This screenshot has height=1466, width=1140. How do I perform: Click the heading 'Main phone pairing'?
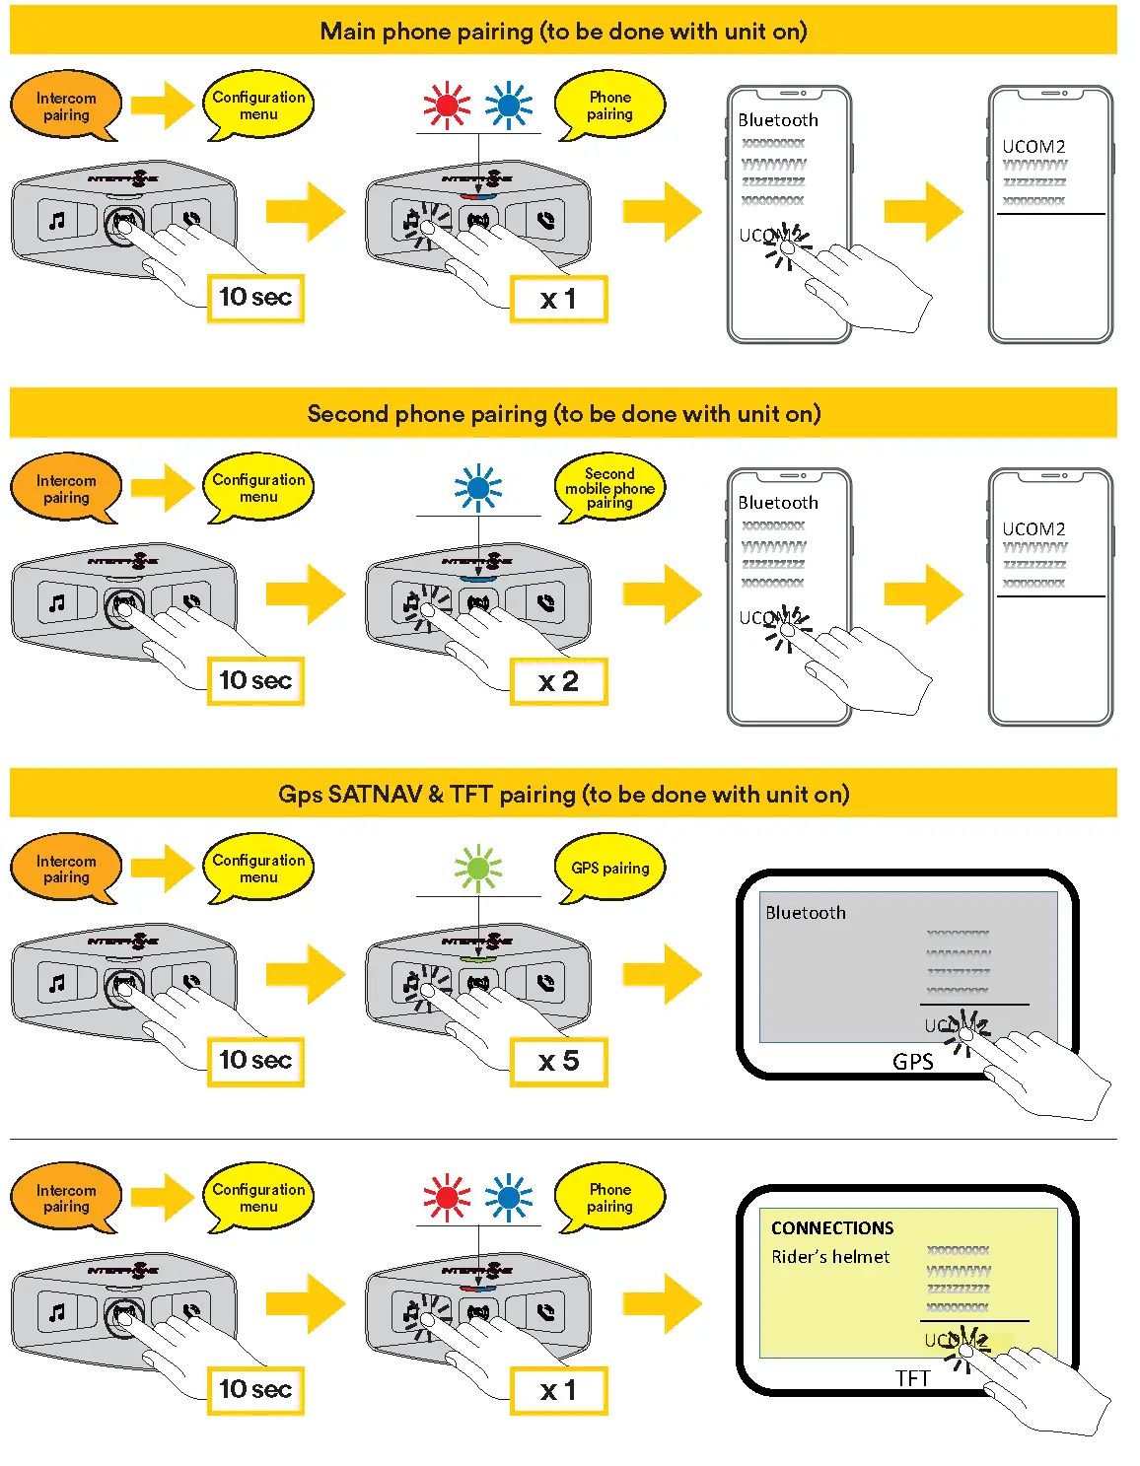pyautogui.click(x=563, y=32)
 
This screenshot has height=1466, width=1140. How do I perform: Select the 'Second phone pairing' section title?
pyautogui.click(x=563, y=414)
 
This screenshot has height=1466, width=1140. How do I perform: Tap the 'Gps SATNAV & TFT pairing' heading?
pyautogui.click(x=563, y=795)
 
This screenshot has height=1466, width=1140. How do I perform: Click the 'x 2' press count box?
pyautogui.click(x=558, y=681)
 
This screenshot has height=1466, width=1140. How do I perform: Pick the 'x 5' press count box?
pyautogui.click(x=558, y=1062)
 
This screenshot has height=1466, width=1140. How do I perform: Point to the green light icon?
pyautogui.click(x=478, y=868)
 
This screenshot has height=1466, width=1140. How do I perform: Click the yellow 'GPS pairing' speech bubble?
pyautogui.click(x=609, y=869)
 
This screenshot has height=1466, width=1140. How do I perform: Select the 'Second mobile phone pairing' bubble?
pyautogui.click(x=609, y=488)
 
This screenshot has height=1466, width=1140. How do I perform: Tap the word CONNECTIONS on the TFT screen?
pyautogui.click(x=832, y=1228)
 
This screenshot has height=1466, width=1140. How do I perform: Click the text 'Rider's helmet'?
pyautogui.click(x=830, y=1257)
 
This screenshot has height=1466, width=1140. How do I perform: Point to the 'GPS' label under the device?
pyautogui.click(x=912, y=1062)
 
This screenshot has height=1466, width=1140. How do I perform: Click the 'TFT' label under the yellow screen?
pyautogui.click(x=912, y=1378)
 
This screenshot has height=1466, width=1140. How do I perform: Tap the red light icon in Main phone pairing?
pyautogui.click(x=447, y=105)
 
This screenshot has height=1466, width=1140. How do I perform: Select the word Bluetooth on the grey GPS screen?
pyautogui.click(x=806, y=913)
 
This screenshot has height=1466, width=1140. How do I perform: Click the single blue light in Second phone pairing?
pyautogui.click(x=478, y=487)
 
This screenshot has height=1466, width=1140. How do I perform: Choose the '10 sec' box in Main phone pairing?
pyautogui.click(x=255, y=298)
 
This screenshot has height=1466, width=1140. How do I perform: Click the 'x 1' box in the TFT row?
pyautogui.click(x=558, y=1391)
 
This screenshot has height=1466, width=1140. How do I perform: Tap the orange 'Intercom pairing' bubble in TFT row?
pyautogui.click(x=66, y=1198)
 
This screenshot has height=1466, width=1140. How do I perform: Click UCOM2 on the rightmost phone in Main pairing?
pyautogui.click(x=1033, y=147)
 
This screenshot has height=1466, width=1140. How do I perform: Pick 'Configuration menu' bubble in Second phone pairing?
pyautogui.click(x=258, y=488)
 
